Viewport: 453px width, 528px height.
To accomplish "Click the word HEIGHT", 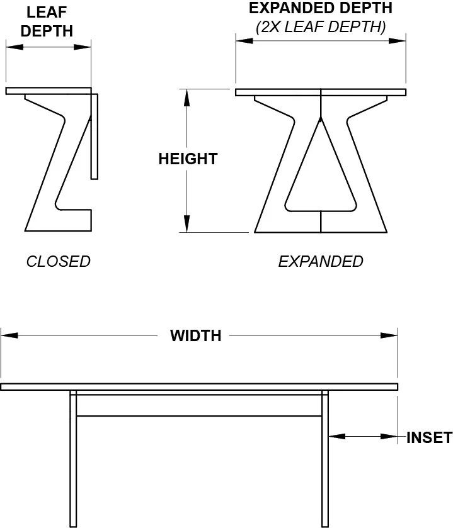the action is (x=188, y=159).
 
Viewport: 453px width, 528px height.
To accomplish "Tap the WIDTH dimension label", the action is (x=196, y=335).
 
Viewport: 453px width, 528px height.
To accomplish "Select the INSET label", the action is (x=429, y=437).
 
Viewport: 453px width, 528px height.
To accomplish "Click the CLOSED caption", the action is (x=58, y=261).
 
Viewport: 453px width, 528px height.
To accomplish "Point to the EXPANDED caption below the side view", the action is (x=321, y=261).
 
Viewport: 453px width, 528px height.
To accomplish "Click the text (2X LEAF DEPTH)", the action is (x=321, y=27).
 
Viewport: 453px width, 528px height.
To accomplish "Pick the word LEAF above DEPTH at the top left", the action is (x=47, y=12).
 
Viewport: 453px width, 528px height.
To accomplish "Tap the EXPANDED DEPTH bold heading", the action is (x=321, y=9).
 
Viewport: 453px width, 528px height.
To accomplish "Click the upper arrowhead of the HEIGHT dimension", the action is (x=186, y=97).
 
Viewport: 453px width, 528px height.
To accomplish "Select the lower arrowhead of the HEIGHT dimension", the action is (x=186, y=224).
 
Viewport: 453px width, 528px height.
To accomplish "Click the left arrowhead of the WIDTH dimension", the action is (x=9, y=335).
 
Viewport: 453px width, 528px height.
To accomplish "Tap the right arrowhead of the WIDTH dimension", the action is (x=389, y=335).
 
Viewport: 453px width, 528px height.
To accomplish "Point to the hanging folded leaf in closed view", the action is (x=95, y=135).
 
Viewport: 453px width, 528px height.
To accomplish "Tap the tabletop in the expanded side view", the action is (x=321, y=93).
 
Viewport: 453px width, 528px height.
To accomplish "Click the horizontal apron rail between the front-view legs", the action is (x=199, y=405).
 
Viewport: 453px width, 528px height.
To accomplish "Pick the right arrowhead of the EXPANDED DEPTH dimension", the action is (x=398, y=41).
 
